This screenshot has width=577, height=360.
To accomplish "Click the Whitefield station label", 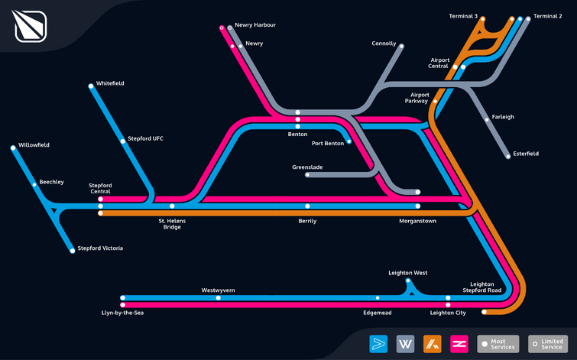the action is (110, 83).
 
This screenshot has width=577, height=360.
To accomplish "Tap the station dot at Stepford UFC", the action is (122, 141).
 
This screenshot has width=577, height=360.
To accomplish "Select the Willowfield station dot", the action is (13, 148).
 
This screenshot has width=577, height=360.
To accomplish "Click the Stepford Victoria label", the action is (100, 248).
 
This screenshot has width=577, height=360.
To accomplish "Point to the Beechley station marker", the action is (34, 185).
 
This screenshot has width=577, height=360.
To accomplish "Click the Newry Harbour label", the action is (255, 25).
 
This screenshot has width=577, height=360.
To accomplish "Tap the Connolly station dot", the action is (401, 47).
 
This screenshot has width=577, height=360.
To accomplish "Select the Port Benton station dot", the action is (348, 141).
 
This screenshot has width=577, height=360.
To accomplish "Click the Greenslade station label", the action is (307, 167).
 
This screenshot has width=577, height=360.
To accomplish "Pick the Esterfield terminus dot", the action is (508, 157).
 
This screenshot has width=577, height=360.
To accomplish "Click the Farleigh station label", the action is (503, 117).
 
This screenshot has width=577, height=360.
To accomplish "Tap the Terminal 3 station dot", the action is (482, 19).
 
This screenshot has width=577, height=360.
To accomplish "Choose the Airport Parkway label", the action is (417, 98).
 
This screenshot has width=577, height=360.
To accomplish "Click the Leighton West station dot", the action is (408, 281).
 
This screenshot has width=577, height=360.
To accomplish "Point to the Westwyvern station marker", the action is (219, 298).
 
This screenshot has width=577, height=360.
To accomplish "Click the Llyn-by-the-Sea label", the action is (122, 313).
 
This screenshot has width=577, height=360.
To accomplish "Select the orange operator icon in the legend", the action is (433, 344).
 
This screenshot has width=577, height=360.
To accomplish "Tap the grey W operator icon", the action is (406, 344).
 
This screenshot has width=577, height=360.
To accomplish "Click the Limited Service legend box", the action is (548, 344).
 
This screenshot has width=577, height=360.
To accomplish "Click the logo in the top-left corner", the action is (31, 26).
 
